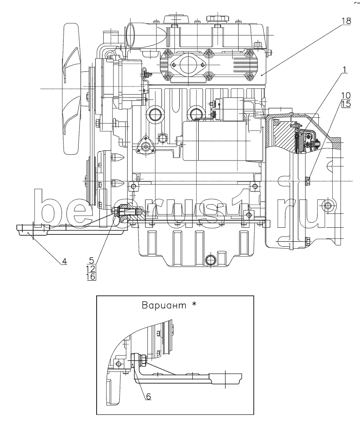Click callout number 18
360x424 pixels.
346,21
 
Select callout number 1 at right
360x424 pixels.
344,70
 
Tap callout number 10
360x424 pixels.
346,95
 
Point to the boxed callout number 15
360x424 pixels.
346,104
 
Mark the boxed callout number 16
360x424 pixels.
91,277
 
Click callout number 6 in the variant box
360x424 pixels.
148,396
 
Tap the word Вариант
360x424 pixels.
164,305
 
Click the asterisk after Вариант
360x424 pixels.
194,304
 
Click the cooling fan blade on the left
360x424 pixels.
71,89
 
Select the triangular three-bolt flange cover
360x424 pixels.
146,146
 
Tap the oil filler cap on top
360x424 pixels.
218,19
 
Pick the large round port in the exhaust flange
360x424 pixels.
188,65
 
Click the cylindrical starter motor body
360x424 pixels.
214,141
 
